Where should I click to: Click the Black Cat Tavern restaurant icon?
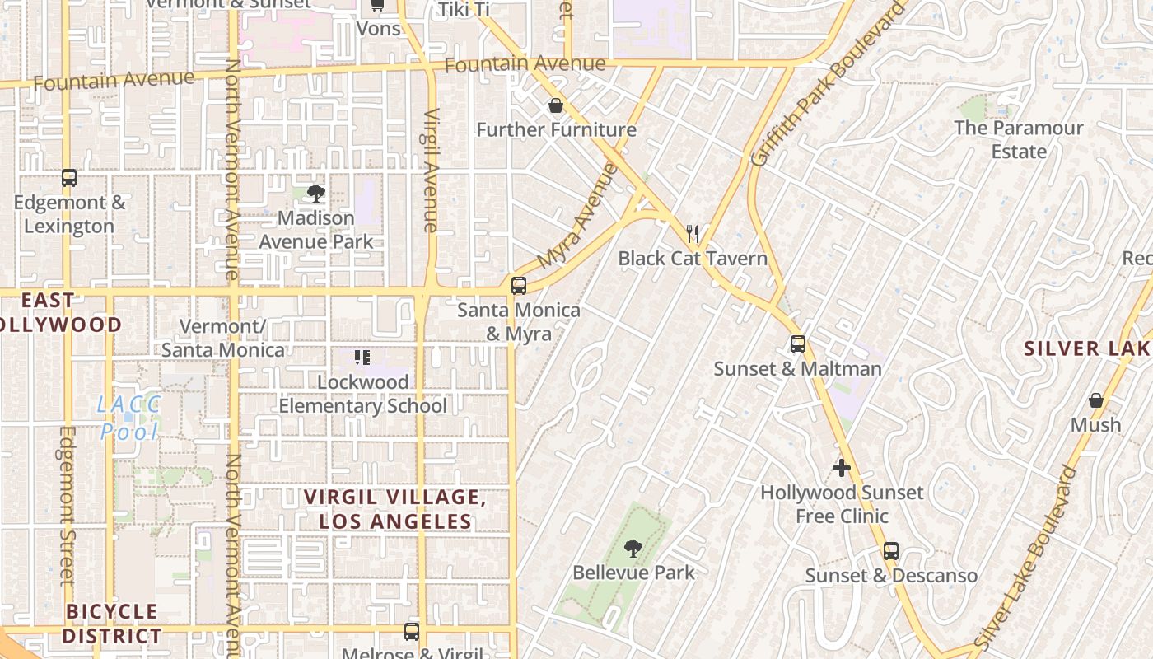point(693,234)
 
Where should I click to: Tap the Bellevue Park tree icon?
point(633,548)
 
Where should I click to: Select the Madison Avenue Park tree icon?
point(315,194)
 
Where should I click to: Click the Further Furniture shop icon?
point(556,105)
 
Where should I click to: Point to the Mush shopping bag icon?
point(1095,400)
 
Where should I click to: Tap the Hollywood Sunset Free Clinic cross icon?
point(841,468)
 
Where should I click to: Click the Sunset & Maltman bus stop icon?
point(797,344)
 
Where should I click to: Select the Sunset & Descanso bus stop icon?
point(890,551)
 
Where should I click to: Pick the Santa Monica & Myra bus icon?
point(518,286)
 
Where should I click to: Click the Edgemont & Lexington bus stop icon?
point(69,178)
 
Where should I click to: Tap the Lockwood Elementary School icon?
point(362,358)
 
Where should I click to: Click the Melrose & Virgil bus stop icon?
point(411,632)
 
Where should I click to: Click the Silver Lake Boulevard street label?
point(1026,557)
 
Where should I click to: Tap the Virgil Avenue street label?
point(431,170)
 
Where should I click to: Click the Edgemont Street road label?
point(67,505)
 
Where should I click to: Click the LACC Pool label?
point(128,418)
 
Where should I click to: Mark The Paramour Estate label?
point(1018,140)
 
